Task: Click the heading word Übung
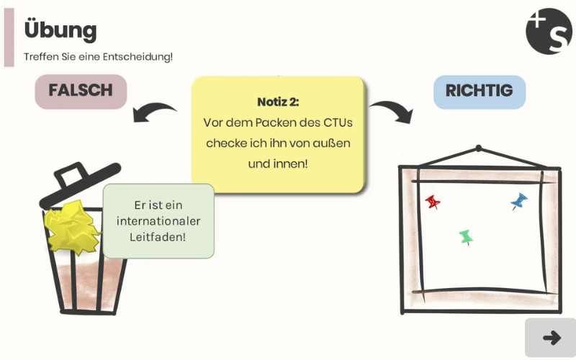(x=60, y=30)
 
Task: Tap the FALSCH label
(x=81, y=91)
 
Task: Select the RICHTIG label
(x=479, y=91)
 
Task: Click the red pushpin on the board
(x=433, y=202)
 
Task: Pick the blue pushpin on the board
(x=518, y=202)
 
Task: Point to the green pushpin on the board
(x=466, y=237)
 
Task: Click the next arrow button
(x=551, y=337)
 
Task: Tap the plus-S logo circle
(x=549, y=32)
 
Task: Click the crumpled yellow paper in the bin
(x=72, y=226)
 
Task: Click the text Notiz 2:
(x=278, y=102)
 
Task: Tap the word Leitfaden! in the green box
(x=158, y=236)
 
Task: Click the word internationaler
(x=158, y=221)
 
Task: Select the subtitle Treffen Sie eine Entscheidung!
(x=99, y=56)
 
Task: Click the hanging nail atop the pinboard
(x=478, y=149)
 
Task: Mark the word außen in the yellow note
(x=334, y=143)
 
